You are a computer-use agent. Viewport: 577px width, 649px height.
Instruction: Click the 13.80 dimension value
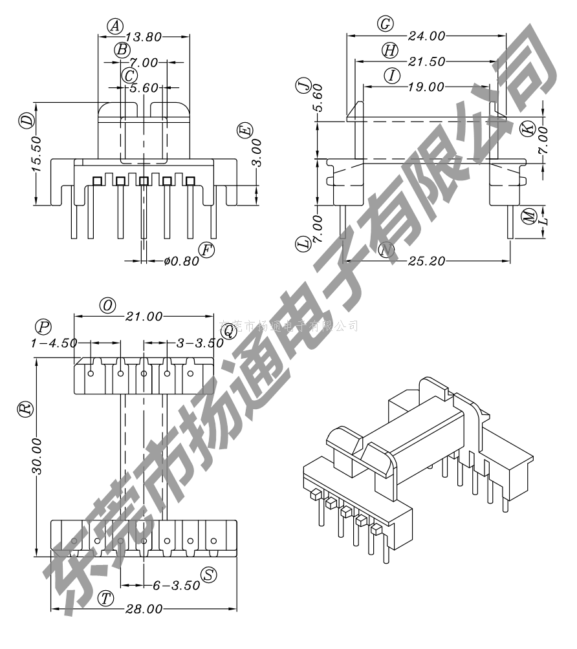pos(143,37)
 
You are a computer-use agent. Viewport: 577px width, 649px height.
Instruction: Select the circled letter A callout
pos(114,26)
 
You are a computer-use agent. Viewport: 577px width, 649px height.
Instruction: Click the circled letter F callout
pos(206,250)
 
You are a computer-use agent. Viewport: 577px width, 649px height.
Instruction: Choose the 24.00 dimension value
pos(426,36)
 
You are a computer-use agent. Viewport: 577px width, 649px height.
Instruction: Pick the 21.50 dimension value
pos(426,61)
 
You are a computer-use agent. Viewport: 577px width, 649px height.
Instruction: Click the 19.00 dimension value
pos(426,87)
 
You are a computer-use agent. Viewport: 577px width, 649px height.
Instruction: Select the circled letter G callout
pos(386,25)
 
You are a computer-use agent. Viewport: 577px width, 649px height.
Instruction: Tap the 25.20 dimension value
pos(426,261)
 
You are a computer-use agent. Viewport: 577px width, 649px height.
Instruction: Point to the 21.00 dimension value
pos(144,317)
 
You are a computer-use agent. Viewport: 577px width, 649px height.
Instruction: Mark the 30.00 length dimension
pos(37,456)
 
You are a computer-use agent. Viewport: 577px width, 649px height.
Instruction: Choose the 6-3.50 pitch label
pos(176,586)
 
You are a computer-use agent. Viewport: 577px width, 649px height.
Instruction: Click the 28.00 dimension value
pos(144,610)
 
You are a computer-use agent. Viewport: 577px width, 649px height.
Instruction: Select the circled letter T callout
pos(106,598)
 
